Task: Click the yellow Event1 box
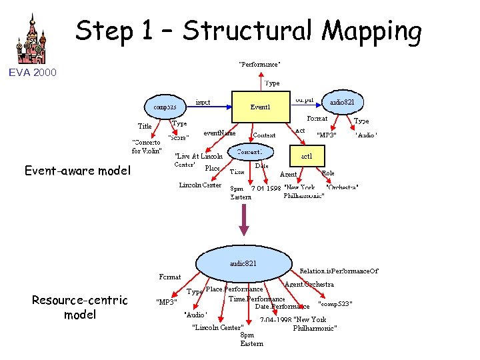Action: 260,107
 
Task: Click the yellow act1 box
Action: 307,156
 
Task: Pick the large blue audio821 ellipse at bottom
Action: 243,263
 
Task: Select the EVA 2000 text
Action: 33,72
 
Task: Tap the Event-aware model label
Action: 77,171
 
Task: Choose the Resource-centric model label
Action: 79,307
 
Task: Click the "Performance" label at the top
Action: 259,65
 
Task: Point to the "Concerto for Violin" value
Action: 147,145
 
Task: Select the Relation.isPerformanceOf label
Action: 339,271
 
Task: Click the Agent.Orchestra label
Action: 309,284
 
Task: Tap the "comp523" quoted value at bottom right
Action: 335,304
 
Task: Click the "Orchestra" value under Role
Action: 342,187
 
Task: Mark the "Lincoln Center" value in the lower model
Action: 217,327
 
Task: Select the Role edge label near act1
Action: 328,173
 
